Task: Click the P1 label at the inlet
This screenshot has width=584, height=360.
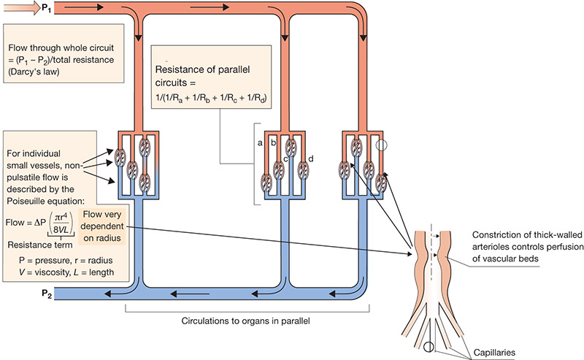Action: pos(47,8)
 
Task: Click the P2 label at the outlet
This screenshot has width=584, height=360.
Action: pos(47,294)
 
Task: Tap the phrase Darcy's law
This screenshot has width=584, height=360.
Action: pos(34,72)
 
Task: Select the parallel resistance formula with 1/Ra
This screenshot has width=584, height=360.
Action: pos(211,98)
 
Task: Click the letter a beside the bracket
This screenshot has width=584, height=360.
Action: pos(260,142)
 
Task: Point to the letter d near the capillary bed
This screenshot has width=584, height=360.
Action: pos(311,158)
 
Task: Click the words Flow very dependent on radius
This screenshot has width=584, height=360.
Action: pos(102,226)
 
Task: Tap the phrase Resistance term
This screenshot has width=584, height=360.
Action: pos(40,245)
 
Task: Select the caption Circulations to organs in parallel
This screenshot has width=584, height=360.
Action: pos(245,321)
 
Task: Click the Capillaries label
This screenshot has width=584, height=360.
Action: pos(494,353)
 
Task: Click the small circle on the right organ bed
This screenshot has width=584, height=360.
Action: pos(381,145)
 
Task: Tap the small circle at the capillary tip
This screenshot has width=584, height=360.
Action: pos(429,347)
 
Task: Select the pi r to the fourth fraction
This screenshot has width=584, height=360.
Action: pos(61,223)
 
